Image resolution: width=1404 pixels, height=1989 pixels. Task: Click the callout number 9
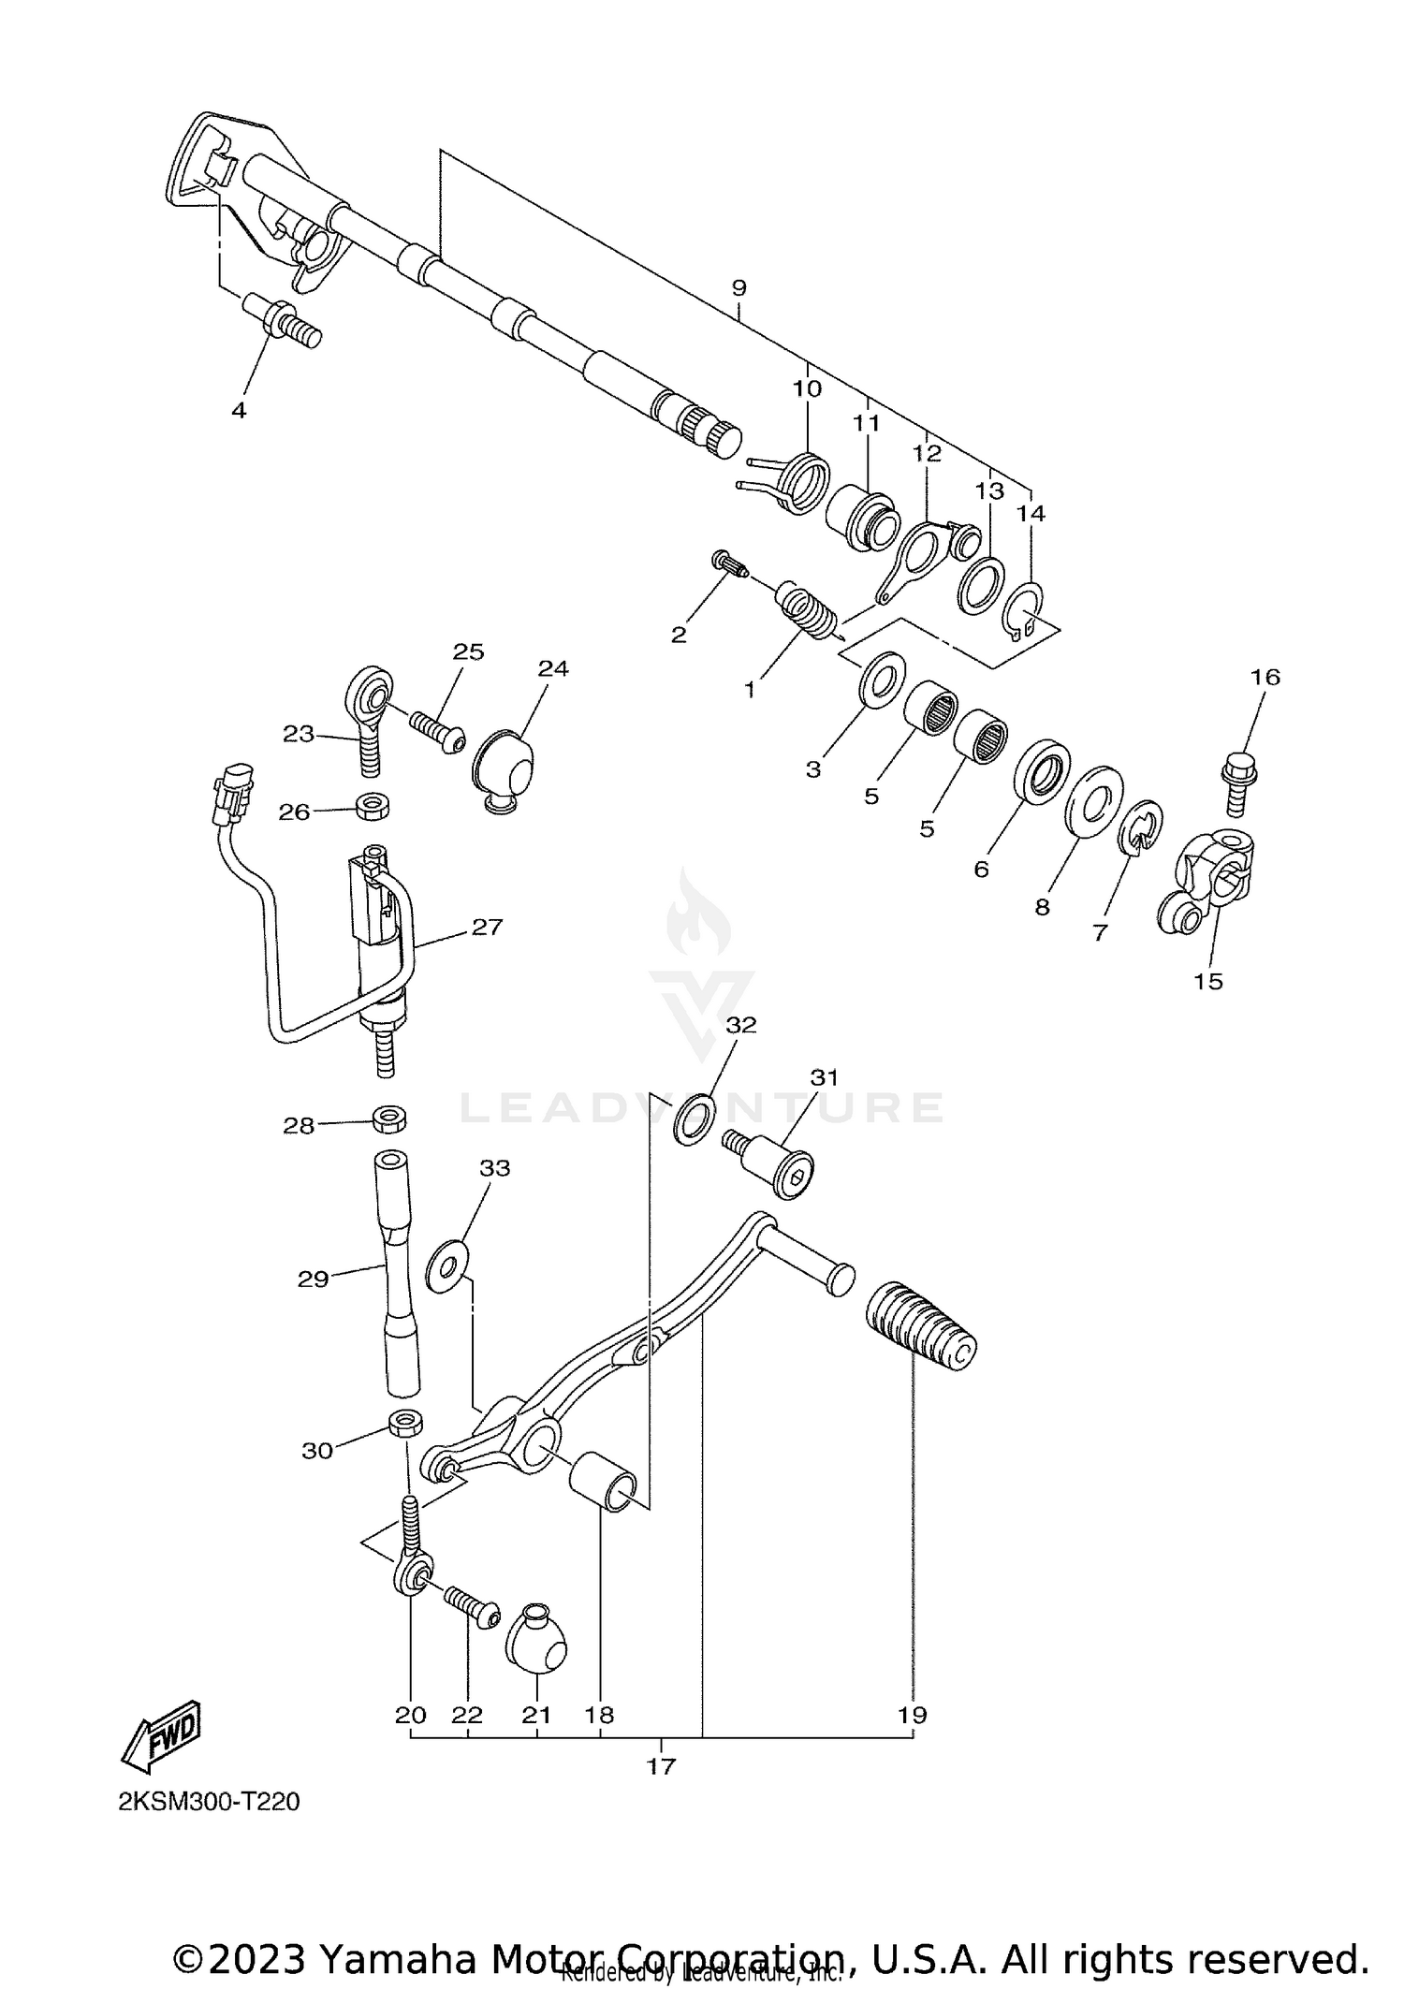point(739,288)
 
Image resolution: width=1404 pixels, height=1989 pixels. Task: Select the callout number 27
point(487,927)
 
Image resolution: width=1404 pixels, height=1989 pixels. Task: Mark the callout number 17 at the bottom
point(661,1766)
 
